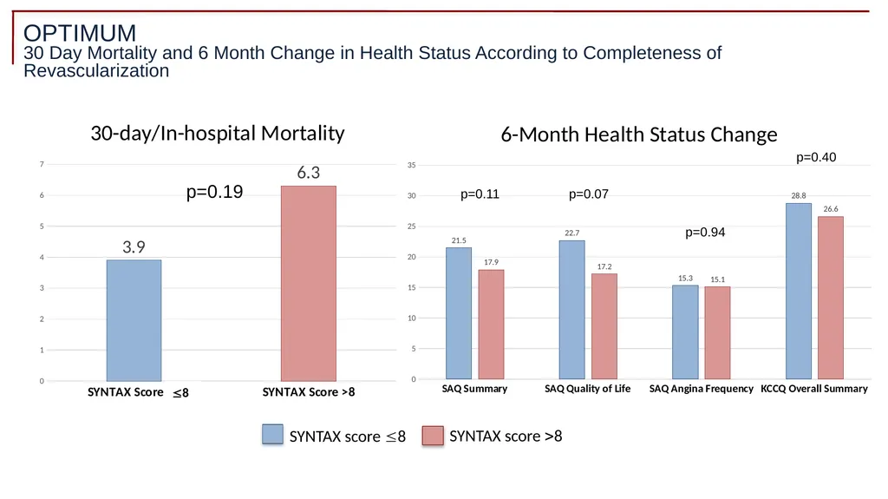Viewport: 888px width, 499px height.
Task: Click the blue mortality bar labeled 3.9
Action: coord(134,320)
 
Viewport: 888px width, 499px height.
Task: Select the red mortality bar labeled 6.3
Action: coord(309,284)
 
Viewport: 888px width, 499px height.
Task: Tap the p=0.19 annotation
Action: coord(215,193)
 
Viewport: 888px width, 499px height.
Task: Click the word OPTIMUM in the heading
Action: coord(80,34)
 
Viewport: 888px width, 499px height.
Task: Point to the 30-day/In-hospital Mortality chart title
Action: coord(218,134)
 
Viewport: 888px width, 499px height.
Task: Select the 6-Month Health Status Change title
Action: coord(639,135)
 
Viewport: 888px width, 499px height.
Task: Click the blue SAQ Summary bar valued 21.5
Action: coord(459,313)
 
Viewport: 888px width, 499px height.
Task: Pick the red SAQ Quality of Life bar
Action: coord(604,326)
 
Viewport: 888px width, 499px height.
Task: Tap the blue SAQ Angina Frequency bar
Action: coord(685,332)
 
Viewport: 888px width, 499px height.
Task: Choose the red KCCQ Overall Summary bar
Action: coord(831,298)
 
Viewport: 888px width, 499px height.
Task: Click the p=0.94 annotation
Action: coord(705,233)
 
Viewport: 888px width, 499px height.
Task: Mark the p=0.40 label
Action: coord(816,158)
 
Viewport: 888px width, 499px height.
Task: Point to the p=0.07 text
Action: coord(589,194)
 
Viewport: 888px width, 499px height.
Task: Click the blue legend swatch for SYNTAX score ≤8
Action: coord(272,435)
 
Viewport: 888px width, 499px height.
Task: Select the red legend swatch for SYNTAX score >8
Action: coord(433,436)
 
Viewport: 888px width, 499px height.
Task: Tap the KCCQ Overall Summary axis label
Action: coord(813,389)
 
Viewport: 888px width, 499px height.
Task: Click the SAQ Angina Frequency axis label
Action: coord(701,389)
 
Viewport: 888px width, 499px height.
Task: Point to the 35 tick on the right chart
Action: coord(411,166)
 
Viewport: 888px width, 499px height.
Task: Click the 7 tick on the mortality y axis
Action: coord(42,164)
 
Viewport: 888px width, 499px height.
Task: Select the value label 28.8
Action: coord(799,196)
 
